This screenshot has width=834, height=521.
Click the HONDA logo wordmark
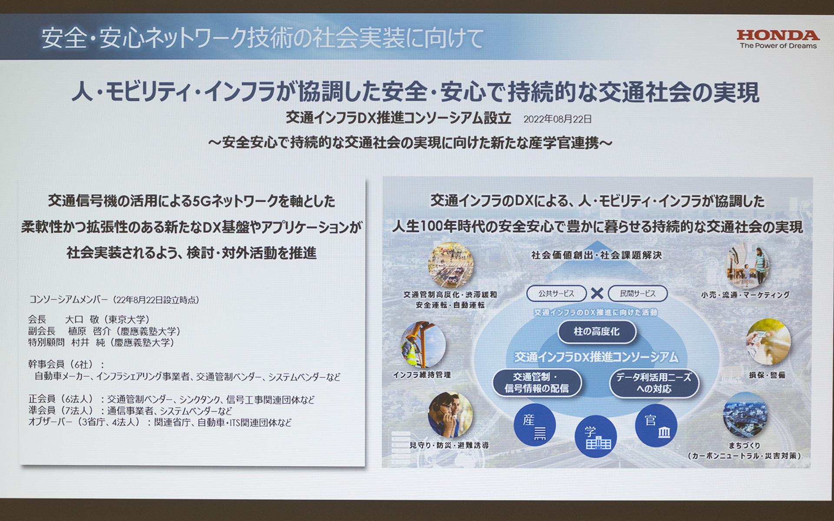pos(778,35)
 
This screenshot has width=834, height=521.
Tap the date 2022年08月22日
pos(557,119)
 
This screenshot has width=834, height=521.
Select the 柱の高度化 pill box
pos(596,332)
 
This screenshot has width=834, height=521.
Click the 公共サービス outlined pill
pos(556,294)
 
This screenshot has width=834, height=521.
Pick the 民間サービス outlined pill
pos(637,294)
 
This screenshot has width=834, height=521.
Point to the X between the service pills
pos(597,294)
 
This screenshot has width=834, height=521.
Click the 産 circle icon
pos(534,425)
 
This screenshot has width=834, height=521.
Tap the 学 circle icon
pos(596,436)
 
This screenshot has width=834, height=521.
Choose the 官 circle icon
pos(656,425)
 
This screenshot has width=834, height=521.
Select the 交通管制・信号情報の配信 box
pos(536,383)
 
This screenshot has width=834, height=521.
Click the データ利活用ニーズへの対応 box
pos(654,383)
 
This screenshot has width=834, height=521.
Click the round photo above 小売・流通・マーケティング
pos(747,266)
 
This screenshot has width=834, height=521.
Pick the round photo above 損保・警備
pos(768,342)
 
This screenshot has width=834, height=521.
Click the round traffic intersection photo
pos(450,264)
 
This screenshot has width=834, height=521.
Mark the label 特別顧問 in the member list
pos(46,343)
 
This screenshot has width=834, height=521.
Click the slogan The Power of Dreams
pos(778,46)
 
